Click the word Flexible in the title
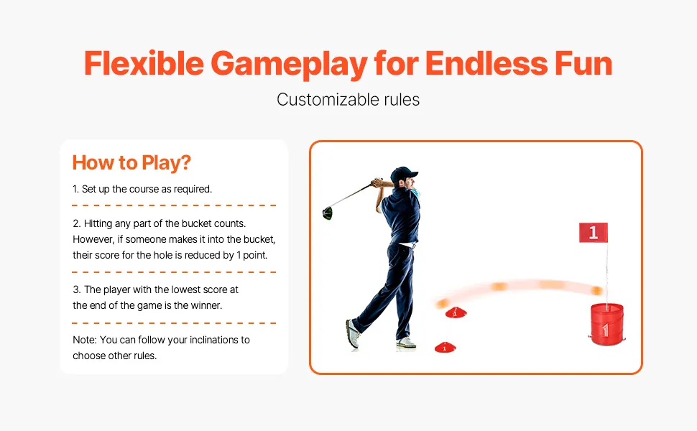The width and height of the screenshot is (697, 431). click(x=144, y=63)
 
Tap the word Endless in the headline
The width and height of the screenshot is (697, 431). click(x=486, y=63)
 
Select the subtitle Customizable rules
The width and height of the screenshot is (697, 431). click(x=348, y=100)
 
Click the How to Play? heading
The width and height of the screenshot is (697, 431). click(x=131, y=162)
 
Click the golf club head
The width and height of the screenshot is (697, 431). click(x=327, y=213)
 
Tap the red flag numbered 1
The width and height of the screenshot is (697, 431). click(x=593, y=233)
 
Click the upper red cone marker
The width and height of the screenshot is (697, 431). click(x=456, y=312)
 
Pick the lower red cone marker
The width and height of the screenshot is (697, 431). click(x=445, y=347)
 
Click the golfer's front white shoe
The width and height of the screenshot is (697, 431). click(x=406, y=343)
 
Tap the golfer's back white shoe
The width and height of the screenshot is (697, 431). click(x=353, y=334)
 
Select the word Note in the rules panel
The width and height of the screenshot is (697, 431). click(x=85, y=340)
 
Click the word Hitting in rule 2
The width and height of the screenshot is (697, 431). click(x=98, y=223)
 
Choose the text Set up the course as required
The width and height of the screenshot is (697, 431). click(x=147, y=190)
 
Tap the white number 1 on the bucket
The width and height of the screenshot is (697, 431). click(x=605, y=330)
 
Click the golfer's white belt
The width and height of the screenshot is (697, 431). click(x=406, y=245)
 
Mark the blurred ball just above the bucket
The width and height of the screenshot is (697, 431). click(x=597, y=291)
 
